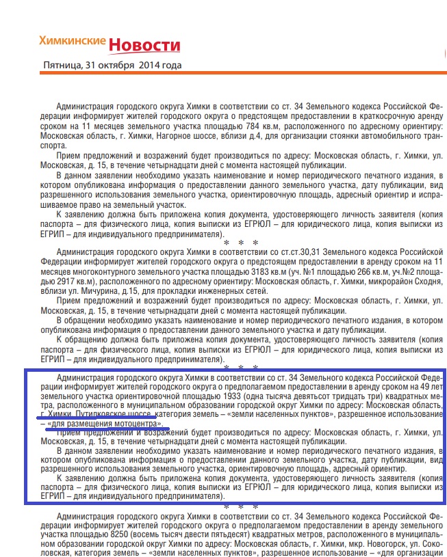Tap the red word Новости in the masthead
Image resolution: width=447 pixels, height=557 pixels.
click(x=144, y=45)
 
